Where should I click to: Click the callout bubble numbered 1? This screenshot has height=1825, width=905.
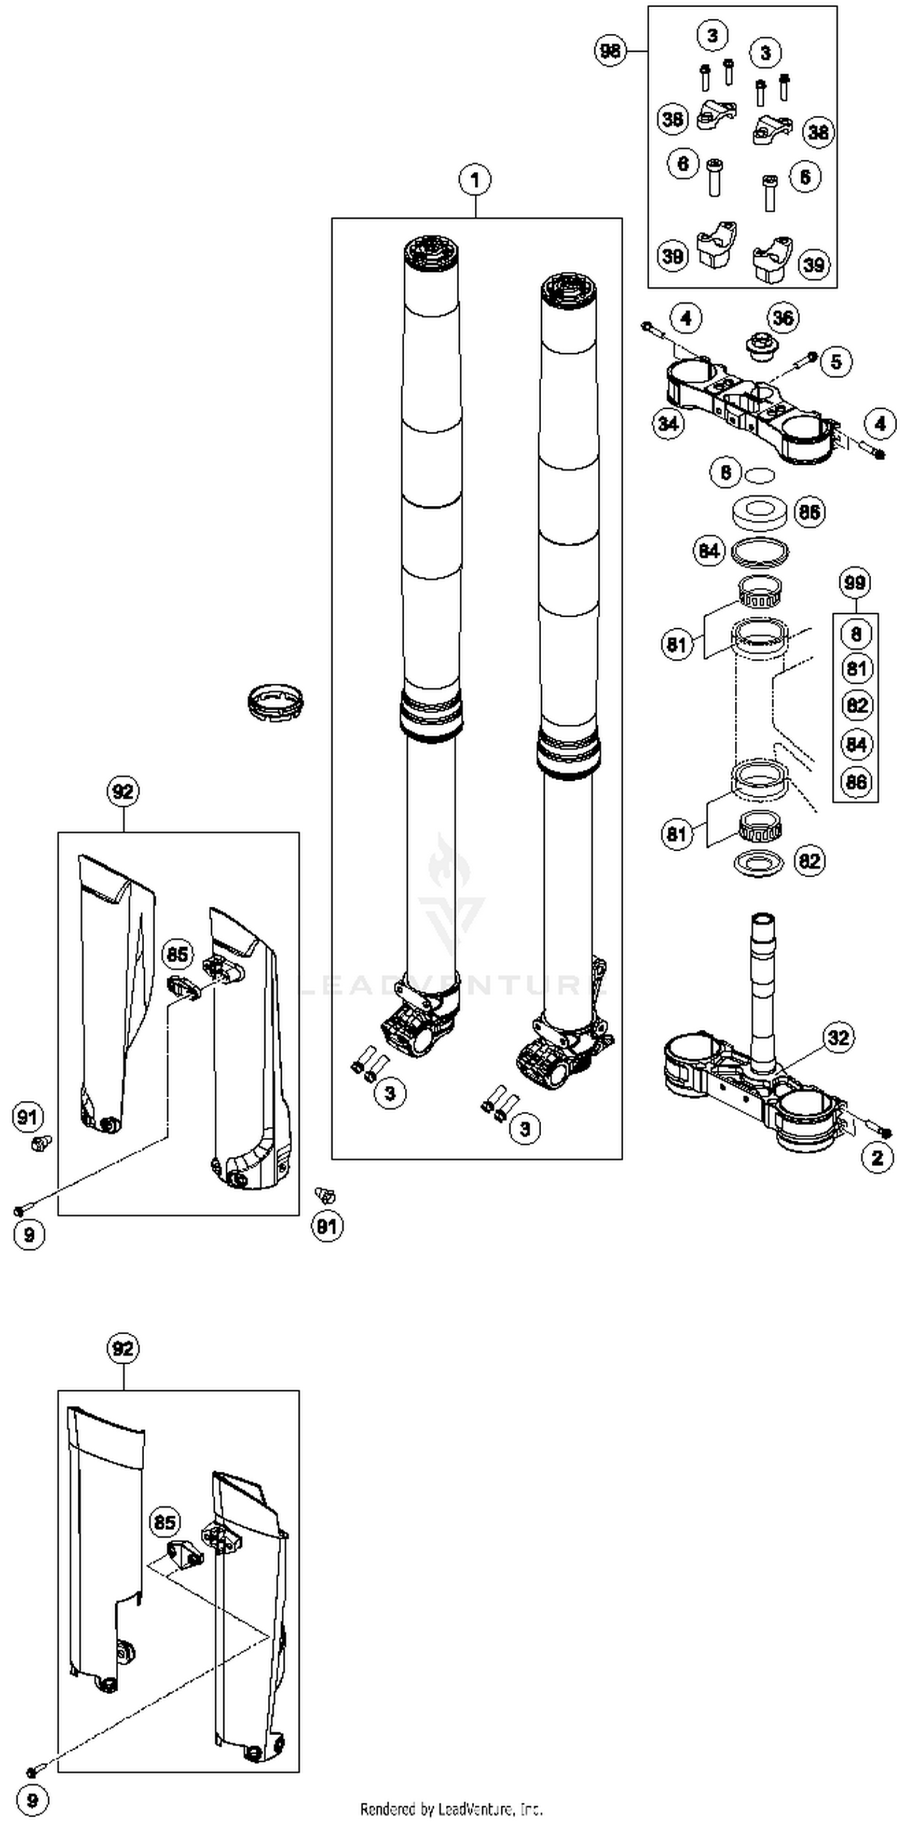[x=475, y=180]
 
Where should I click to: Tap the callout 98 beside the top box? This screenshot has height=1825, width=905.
[x=610, y=51]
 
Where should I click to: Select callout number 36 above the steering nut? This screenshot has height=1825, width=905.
[x=783, y=318]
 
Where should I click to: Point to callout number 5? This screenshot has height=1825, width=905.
[x=836, y=361]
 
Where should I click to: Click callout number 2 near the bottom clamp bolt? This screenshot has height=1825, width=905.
[x=877, y=1158]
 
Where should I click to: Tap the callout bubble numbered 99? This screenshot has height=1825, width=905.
[x=856, y=582]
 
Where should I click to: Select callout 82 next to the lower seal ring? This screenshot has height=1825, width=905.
[x=809, y=861]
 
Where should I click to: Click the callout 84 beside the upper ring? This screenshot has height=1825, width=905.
[x=710, y=551]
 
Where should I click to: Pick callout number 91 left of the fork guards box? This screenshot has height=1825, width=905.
[x=28, y=1117]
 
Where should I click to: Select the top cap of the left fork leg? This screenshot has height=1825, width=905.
[x=431, y=253]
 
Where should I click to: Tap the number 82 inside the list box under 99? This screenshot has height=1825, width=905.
[x=856, y=705]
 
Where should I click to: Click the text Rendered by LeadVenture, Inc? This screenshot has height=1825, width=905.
[x=451, y=1809]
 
